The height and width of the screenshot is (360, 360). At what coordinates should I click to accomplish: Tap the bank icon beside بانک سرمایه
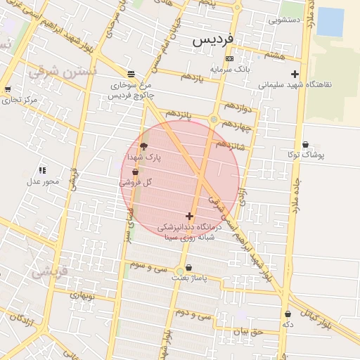click(229, 58)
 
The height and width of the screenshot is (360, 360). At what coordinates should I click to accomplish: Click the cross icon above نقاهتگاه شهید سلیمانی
click(295, 74)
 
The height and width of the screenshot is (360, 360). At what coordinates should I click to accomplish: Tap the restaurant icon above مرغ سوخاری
click(131, 74)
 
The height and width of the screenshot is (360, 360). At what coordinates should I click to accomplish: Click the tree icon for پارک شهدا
click(144, 146)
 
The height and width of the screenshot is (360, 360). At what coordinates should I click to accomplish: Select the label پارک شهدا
click(144, 158)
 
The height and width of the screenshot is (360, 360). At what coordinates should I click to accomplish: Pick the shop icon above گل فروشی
click(135, 171)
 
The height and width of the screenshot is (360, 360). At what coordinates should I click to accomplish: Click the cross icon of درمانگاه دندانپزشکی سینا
click(188, 216)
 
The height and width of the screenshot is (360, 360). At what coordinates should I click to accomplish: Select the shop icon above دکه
click(288, 314)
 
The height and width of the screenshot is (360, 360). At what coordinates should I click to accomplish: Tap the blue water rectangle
click(330, 22)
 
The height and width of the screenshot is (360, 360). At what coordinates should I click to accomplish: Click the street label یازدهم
click(191, 77)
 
